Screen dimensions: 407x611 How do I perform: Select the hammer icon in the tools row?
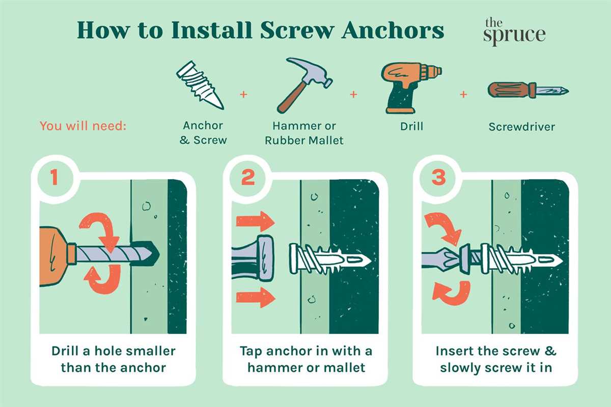(x=303, y=84)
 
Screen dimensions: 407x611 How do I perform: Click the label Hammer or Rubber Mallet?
(x=304, y=133)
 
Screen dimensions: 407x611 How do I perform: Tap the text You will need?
(x=82, y=126)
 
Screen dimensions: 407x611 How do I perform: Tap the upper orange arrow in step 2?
(x=255, y=222)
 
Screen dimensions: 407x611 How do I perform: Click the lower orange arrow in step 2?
(x=255, y=297)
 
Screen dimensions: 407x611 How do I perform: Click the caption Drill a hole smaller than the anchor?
(x=113, y=359)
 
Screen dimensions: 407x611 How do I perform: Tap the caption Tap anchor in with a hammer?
(x=306, y=359)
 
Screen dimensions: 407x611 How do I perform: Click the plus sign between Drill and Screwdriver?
(x=463, y=94)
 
